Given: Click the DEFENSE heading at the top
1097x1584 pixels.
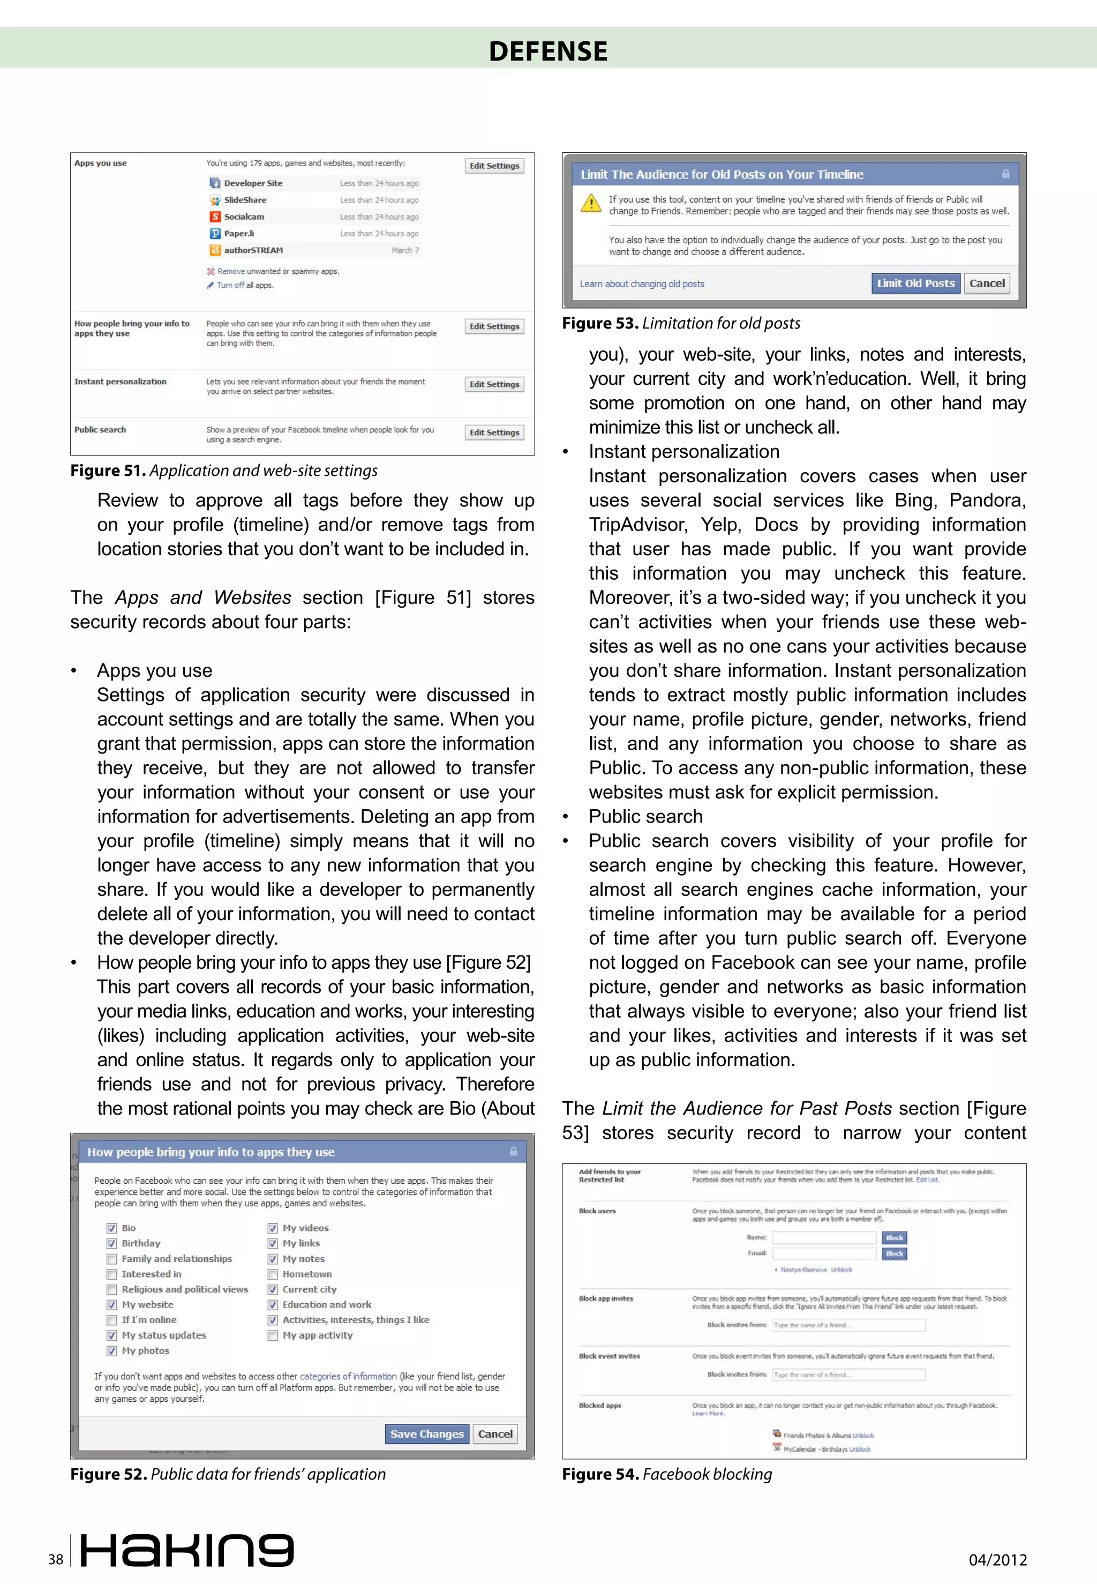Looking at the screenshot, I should (x=548, y=51).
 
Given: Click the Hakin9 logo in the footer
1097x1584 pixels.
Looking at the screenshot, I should (x=187, y=1550).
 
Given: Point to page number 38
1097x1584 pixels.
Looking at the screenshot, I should (x=56, y=1559).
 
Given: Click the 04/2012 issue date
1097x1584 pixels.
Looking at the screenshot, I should (x=997, y=1559).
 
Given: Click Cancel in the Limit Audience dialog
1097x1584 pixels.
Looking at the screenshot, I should (x=986, y=283).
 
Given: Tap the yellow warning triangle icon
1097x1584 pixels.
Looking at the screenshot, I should (x=590, y=204).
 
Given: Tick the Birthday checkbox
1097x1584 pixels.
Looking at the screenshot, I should (x=111, y=1243).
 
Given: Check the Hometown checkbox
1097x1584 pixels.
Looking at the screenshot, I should (x=273, y=1274).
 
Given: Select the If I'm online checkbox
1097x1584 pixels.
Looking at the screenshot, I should (x=111, y=1320).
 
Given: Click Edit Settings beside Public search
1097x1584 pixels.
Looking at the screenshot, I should (x=494, y=432).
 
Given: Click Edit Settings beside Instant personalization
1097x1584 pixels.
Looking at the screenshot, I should (x=494, y=384).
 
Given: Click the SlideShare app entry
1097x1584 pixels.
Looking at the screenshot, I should (x=245, y=200).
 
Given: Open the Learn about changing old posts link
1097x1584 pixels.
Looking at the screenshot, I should (x=641, y=284).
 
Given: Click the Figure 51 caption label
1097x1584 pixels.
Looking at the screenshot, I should (x=107, y=470).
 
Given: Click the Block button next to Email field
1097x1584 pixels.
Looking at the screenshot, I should (x=894, y=1253).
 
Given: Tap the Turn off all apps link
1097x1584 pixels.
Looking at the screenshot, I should (x=245, y=285).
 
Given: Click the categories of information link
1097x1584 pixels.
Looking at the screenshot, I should (x=348, y=1377).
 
